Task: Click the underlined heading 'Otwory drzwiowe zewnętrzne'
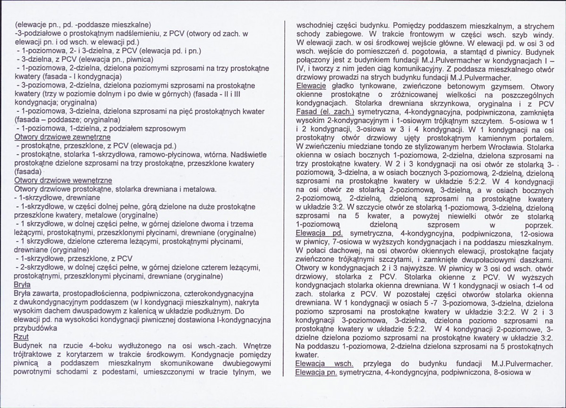pyautogui.click(x=62, y=137)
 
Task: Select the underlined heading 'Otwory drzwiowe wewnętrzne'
pyautogui.click(x=63, y=181)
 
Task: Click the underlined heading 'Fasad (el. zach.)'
pyautogui.click(x=325, y=113)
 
